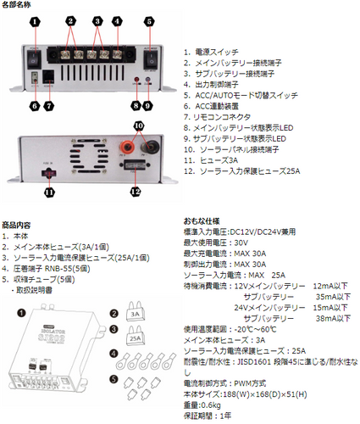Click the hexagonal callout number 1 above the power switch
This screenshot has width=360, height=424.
[34, 20]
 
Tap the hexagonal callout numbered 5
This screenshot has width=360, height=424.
[150, 20]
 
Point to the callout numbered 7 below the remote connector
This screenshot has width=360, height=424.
[49, 106]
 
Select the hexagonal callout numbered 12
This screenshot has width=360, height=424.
[135, 192]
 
